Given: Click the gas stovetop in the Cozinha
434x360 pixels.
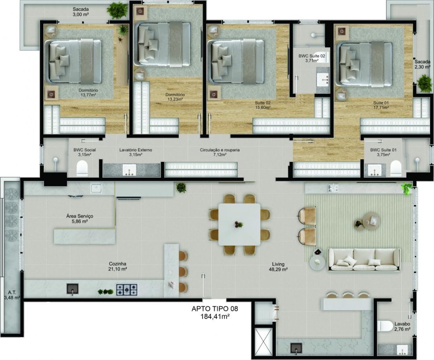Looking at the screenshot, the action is (x=126, y=289).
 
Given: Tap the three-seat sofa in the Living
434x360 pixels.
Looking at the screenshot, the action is (x=364, y=259).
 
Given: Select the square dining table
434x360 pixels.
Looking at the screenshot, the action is (x=239, y=224).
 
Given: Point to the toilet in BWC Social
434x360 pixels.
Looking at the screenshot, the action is (x=82, y=169).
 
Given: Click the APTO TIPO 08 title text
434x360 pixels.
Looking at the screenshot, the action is (x=215, y=308).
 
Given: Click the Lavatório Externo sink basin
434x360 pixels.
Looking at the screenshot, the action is (x=129, y=170).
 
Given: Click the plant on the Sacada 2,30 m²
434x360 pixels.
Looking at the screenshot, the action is (x=424, y=82).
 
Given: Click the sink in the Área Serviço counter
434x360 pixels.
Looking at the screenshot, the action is (x=96, y=189).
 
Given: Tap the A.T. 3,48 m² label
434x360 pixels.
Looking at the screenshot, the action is (x=12, y=295).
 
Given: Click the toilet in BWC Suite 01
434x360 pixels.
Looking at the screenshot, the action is (x=396, y=169).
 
